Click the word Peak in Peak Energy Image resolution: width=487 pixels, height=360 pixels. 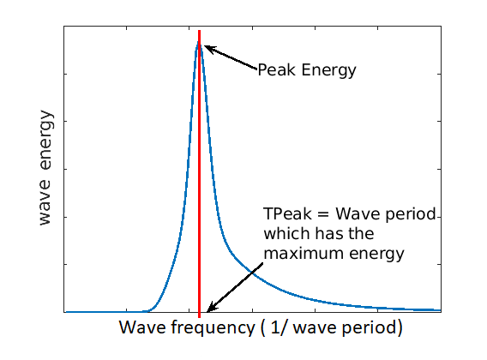(275, 70)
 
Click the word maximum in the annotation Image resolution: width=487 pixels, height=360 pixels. (300, 254)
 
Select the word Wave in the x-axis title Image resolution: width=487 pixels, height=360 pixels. (139, 328)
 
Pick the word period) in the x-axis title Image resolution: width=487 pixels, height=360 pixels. (372, 328)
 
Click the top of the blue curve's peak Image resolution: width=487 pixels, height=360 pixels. (199, 42)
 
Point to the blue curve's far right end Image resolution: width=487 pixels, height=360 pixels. (440, 309)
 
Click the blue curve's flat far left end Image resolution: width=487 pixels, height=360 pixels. (67, 312)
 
